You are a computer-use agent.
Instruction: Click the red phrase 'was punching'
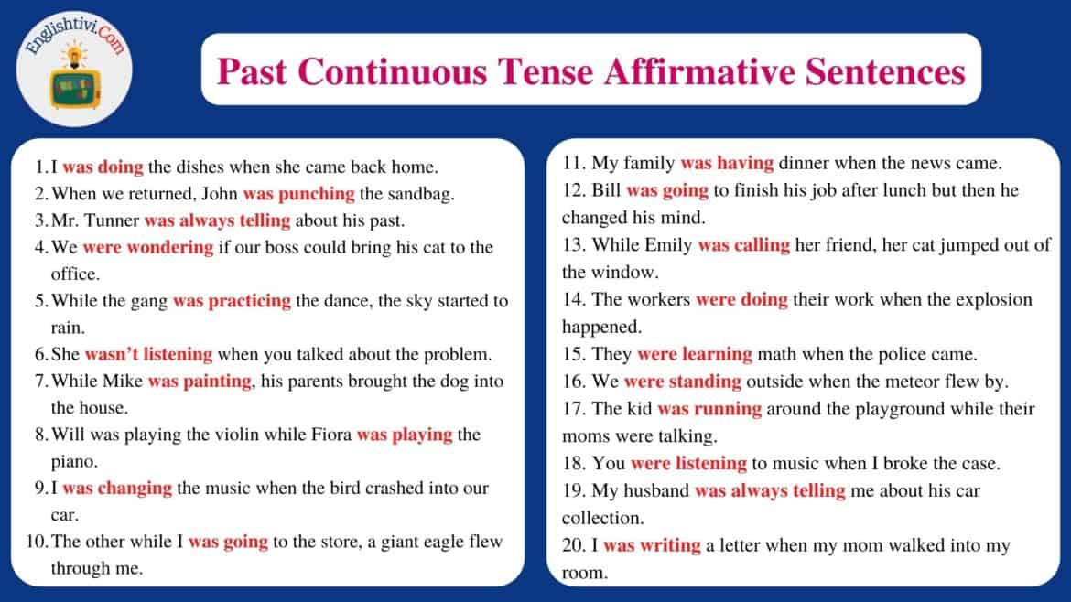pos(298,194)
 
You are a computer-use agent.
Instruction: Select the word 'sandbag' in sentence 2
pos(424,194)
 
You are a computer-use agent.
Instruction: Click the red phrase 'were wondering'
pos(148,247)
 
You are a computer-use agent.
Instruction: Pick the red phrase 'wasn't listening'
pos(148,354)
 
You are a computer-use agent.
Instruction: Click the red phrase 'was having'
pos(727,165)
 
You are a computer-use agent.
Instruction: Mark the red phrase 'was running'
pos(709,409)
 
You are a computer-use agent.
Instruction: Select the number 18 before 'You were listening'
pos(574,464)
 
